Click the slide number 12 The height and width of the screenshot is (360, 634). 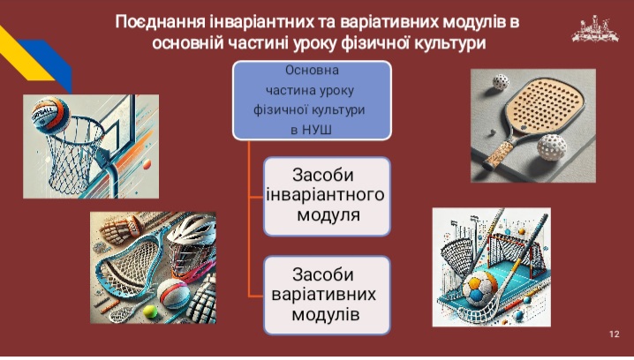click(614, 334)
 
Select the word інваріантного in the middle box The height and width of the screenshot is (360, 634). click(326, 195)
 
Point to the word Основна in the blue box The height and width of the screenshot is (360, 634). click(312, 71)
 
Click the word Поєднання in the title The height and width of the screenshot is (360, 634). click(161, 22)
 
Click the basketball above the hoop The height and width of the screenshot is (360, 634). click(51, 116)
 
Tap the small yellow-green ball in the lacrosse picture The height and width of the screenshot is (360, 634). click(150, 311)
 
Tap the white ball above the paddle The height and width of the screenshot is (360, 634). click(501, 82)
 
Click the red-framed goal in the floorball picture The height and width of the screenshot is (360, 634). click(513, 250)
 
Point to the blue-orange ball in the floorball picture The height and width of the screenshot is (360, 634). click(480, 288)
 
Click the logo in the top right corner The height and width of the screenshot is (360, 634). click(595, 29)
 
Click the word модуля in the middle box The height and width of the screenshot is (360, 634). click(328, 214)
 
